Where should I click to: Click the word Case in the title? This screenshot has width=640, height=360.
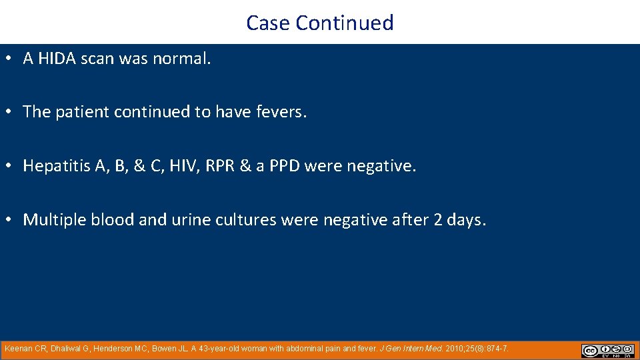pos(268,23)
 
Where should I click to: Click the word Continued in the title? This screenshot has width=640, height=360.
pos(345,23)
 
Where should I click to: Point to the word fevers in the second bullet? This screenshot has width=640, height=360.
pos(281,112)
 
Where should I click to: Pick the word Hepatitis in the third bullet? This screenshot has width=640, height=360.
pos(57,166)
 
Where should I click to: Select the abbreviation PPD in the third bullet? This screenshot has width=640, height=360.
pos(283,166)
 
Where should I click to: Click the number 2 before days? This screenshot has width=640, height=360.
pos(438,220)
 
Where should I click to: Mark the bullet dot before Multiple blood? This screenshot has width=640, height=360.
pos(7,220)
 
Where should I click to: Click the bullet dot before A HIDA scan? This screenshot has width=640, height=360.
pos(7,59)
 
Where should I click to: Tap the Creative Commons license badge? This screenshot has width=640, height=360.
pos(607,351)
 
